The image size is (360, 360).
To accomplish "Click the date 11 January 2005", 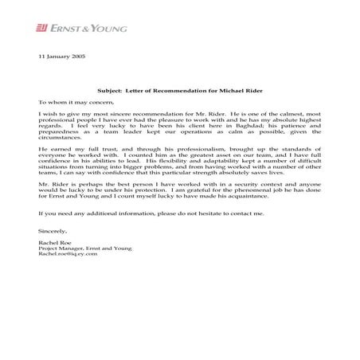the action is pyautogui.click(x=62, y=59).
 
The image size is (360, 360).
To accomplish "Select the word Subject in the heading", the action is pyautogui.click(x=108, y=91).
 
